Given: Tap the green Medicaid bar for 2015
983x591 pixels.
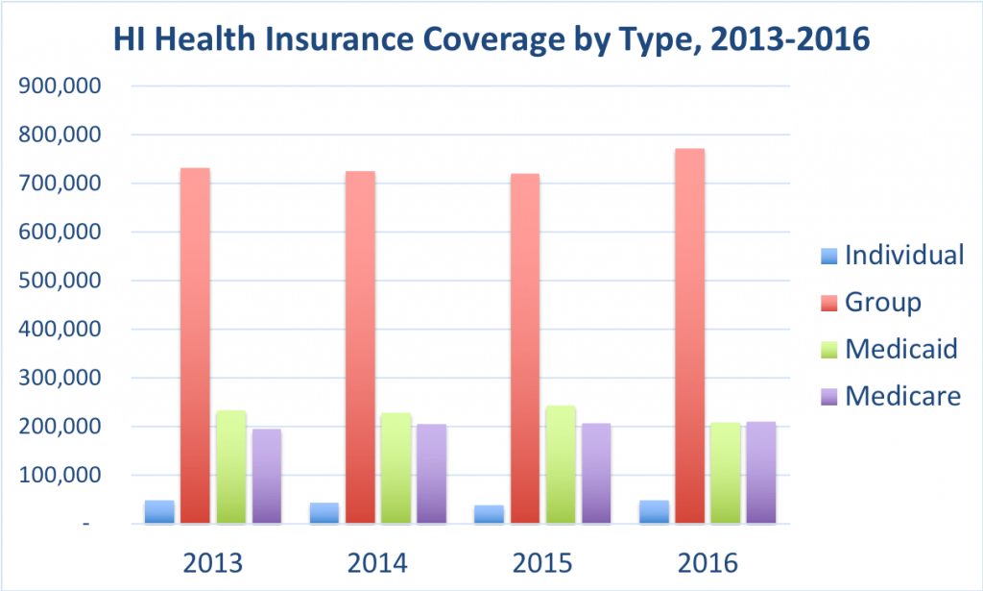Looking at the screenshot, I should pyautogui.click(x=561, y=465).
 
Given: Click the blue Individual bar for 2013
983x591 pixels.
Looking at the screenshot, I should pyautogui.click(x=159, y=511).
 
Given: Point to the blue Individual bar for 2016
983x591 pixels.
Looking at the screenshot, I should pyautogui.click(x=654, y=511).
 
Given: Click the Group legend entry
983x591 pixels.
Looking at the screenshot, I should pyautogui.click(x=882, y=302).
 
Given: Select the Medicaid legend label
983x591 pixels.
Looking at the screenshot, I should pyautogui.click(x=900, y=348).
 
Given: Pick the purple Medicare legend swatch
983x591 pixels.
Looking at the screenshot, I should pyautogui.click(x=827, y=396).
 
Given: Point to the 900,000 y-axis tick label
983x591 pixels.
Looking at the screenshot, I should pyautogui.click(x=60, y=86).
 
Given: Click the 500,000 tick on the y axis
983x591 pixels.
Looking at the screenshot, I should pyautogui.click(x=60, y=281).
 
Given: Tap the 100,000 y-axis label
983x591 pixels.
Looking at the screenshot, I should pyautogui.click(x=60, y=476).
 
